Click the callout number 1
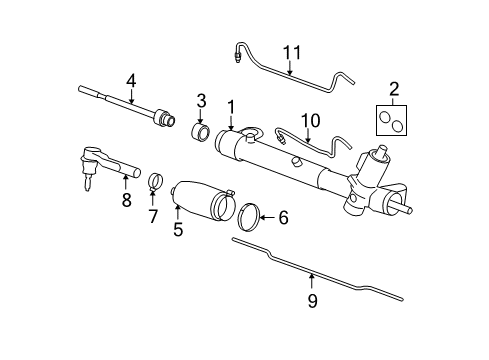pos(231,105)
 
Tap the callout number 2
pos(393,89)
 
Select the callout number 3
pos(200,101)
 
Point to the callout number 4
pos(129,81)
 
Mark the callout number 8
pos(126,199)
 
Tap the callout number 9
pos(313,299)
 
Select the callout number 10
pos(311,120)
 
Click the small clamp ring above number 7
pos(154,182)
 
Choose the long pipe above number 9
pos(310,276)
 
